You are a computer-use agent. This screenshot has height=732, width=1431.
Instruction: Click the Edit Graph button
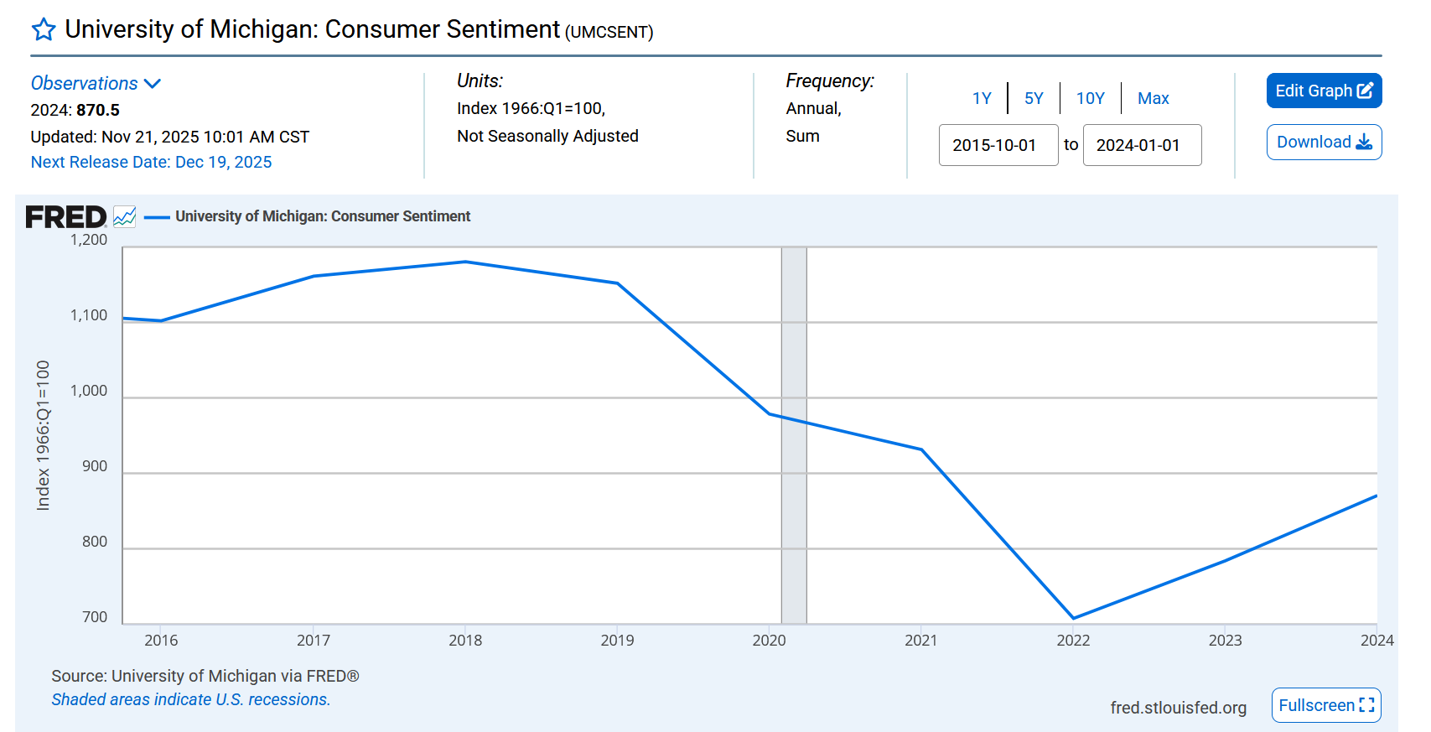1324,91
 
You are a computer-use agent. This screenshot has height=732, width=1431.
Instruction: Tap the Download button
1324,142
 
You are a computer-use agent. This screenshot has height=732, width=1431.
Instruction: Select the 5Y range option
1034,98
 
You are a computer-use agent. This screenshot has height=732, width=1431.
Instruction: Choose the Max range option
1153,98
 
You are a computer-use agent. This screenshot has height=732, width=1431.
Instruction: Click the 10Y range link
1090,98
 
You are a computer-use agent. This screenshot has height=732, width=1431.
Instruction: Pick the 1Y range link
982,98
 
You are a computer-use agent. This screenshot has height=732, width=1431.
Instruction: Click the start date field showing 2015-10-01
998,145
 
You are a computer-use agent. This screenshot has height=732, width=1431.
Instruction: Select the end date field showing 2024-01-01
1142,145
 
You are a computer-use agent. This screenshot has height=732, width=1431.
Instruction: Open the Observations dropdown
96,83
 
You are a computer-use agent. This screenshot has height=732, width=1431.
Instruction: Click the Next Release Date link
151,162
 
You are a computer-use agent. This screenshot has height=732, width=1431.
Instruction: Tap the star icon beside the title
44,30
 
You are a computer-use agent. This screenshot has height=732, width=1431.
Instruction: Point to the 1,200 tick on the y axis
89,240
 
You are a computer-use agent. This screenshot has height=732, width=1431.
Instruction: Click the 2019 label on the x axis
617,640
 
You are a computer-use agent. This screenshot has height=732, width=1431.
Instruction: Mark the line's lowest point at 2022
1073,618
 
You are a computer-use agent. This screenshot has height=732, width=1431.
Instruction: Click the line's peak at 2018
465,262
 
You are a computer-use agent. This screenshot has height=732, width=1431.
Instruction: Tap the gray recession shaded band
794,503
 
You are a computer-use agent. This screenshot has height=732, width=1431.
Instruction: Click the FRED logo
65,217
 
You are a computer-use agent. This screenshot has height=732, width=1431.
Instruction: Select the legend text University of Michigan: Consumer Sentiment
323,216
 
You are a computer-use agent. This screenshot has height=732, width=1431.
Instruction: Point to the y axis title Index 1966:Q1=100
43,435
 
